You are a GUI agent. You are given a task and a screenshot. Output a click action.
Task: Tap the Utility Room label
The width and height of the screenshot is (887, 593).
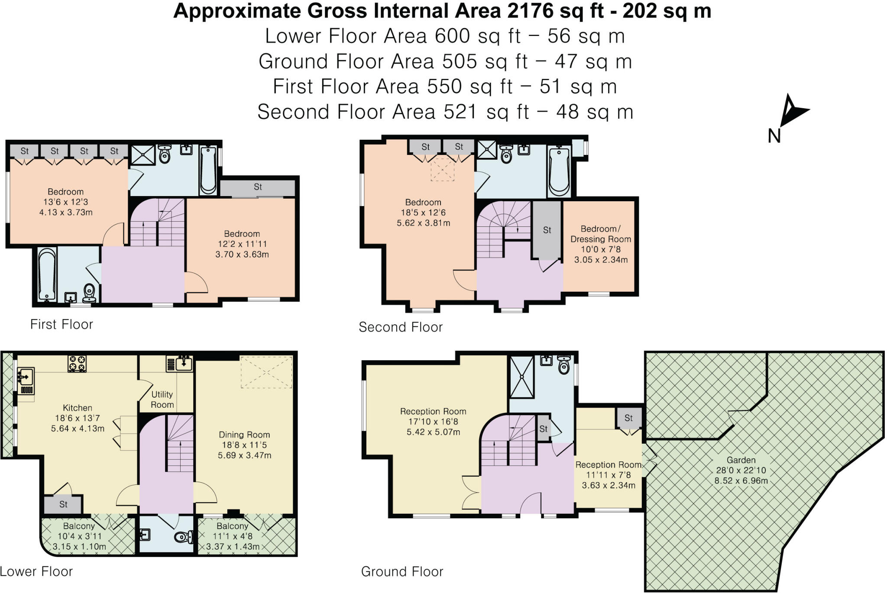[x=162, y=400]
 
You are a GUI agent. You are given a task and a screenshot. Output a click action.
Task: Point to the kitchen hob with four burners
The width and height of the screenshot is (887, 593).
[x=78, y=364]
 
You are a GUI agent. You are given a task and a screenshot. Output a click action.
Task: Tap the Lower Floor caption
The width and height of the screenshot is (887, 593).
[x=36, y=571]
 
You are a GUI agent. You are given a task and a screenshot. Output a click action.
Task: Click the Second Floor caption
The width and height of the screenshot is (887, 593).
[x=401, y=327]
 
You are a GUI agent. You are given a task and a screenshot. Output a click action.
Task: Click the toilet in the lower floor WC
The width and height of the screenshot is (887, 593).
[x=184, y=538]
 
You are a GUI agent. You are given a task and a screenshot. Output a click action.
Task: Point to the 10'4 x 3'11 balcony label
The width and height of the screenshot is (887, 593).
[x=79, y=536]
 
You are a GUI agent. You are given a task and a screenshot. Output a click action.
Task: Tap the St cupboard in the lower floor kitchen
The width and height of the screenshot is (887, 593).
[x=63, y=504]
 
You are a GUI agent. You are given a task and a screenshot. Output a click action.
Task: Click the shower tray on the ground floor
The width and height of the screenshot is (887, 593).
[x=522, y=377]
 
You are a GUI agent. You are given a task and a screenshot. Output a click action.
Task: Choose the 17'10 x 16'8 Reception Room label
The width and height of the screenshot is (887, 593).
[x=433, y=422]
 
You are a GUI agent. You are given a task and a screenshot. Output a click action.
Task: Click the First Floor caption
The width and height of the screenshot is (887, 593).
[x=62, y=325]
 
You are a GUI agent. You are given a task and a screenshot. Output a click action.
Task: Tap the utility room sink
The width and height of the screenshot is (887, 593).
[x=180, y=364]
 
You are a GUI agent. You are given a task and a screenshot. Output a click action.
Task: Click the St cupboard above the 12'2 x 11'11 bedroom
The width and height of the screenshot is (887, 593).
[x=258, y=187]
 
